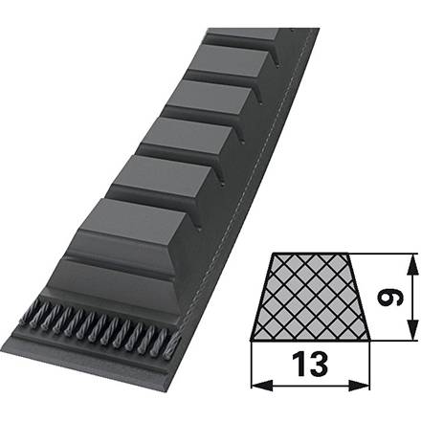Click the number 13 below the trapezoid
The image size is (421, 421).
(x=310, y=364)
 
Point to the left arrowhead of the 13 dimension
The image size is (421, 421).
(x=262, y=386)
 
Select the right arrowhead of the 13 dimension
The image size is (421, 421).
(x=359, y=386)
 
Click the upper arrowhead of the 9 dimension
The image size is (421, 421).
(x=412, y=264)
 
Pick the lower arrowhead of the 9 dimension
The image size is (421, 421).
(x=412, y=330)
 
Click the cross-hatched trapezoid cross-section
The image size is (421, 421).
(x=310, y=298)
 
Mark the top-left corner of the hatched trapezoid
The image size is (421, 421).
(x=274, y=254)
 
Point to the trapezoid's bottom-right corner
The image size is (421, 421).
(x=370, y=341)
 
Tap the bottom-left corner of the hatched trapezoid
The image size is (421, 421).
(x=251, y=341)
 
